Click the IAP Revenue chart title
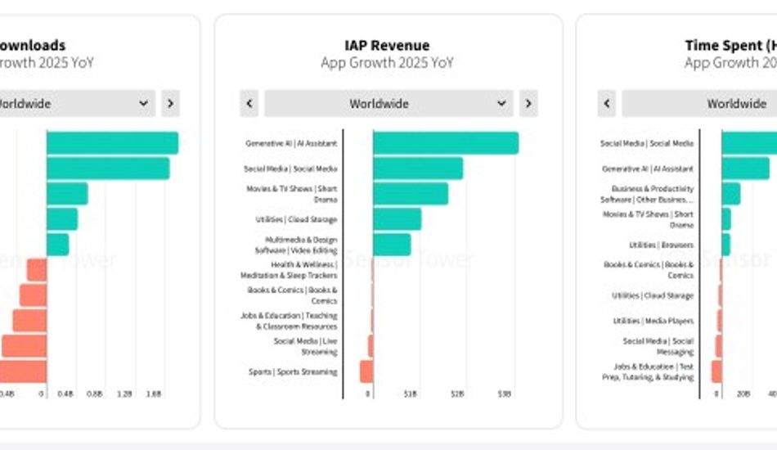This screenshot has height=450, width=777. pyautogui.click(x=388, y=45)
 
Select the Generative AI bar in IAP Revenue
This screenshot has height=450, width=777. pyautogui.click(x=445, y=143)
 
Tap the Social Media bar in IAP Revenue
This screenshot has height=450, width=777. pyautogui.click(x=417, y=169)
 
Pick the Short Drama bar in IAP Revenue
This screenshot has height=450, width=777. pyautogui.click(x=410, y=194)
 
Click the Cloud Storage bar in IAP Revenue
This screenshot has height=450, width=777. pyautogui.click(x=397, y=219)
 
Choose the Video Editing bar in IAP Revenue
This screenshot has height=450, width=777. pyautogui.click(x=392, y=245)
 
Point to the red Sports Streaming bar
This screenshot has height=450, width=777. pyautogui.click(x=366, y=371)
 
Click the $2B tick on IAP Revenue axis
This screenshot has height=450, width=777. pyautogui.click(x=457, y=394)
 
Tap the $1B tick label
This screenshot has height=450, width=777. pyautogui.click(x=411, y=394)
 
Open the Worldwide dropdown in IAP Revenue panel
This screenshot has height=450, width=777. pyautogui.click(x=388, y=104)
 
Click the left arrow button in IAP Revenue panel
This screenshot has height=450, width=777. pyautogui.click(x=250, y=104)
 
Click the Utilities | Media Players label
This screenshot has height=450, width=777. pyautogui.click(x=653, y=321)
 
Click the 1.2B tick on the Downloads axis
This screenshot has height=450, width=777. pyautogui.click(x=124, y=394)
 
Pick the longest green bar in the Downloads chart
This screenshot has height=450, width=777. pyautogui.click(x=112, y=143)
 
